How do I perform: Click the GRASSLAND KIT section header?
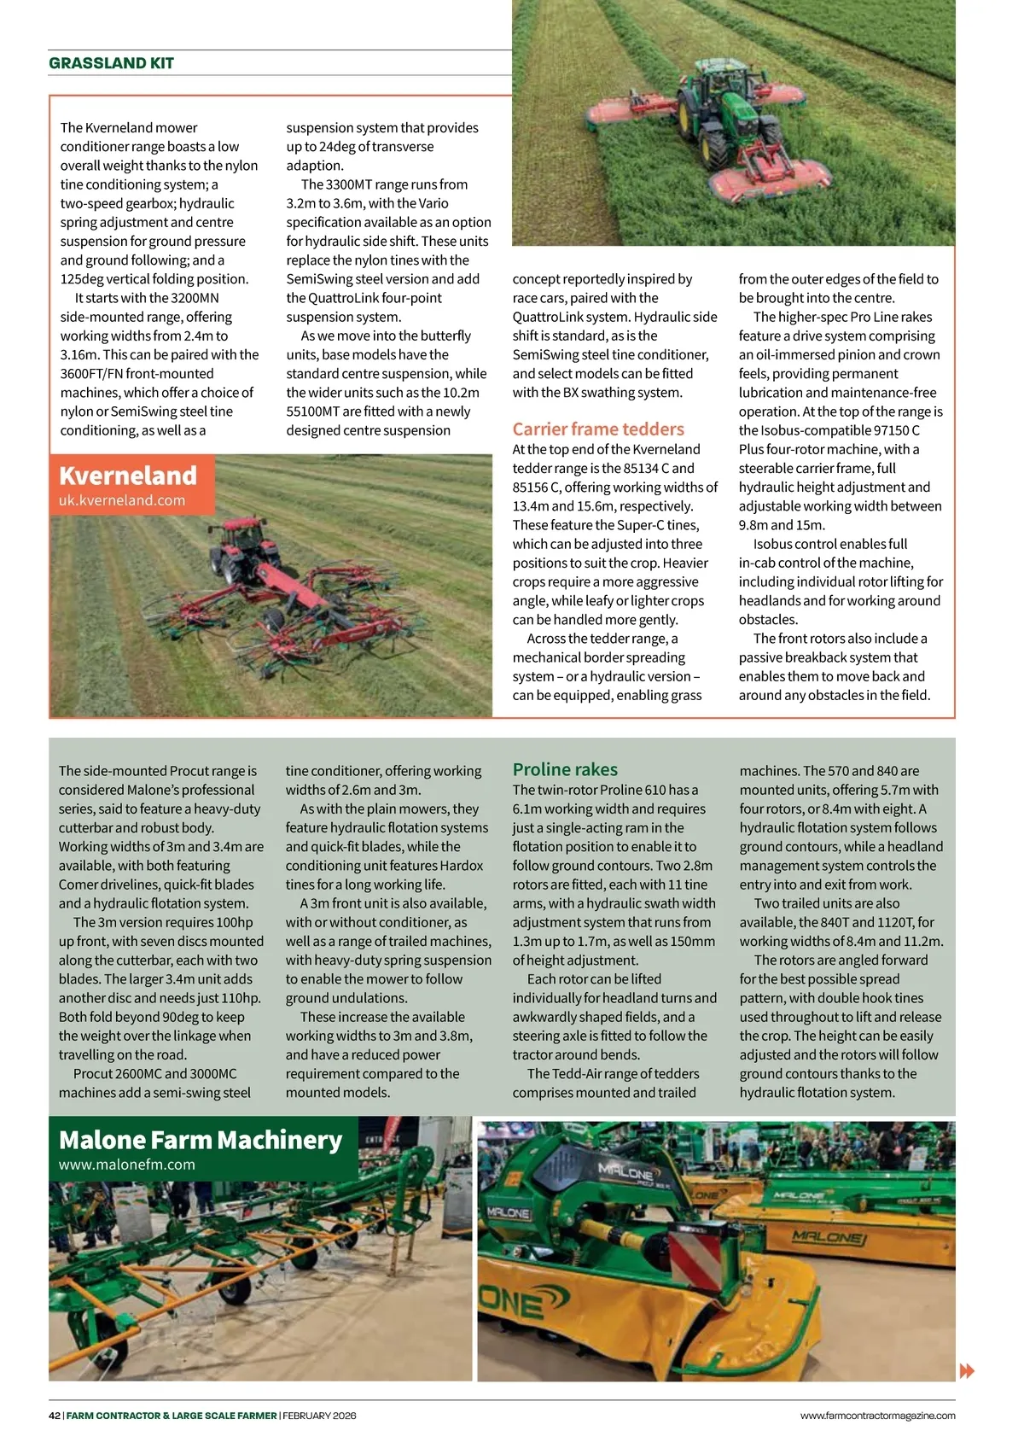(x=111, y=63)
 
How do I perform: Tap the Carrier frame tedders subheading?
(x=598, y=429)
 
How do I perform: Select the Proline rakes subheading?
(x=565, y=769)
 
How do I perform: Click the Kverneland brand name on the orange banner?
(x=128, y=476)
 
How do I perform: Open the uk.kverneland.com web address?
(x=122, y=500)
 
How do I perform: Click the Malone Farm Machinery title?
(x=201, y=1141)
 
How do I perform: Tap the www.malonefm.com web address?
(x=127, y=1165)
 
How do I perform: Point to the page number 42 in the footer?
(x=55, y=1416)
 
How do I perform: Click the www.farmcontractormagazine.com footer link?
(x=877, y=1416)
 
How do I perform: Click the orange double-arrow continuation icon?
(x=967, y=1371)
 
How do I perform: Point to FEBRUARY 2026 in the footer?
(x=320, y=1416)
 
